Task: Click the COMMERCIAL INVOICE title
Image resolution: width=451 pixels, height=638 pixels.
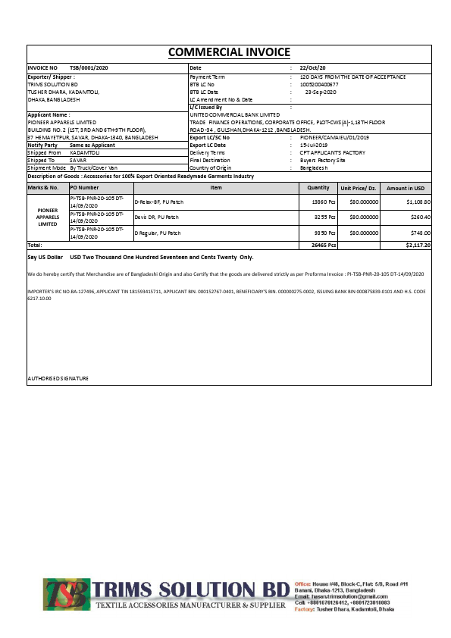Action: click(x=228, y=52)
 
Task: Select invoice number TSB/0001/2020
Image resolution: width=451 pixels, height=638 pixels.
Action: click(x=89, y=68)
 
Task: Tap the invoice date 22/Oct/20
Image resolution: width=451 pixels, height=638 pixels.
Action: click(x=312, y=68)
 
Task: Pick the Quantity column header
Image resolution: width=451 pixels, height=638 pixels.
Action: click(x=318, y=187)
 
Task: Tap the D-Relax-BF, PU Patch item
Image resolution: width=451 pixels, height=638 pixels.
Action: click(x=158, y=202)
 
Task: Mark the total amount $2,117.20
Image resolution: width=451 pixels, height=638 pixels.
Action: click(x=418, y=246)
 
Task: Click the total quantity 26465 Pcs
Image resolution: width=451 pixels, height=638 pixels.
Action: click(x=324, y=246)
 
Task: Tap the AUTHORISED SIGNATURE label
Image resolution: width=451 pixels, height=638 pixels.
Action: click(x=58, y=378)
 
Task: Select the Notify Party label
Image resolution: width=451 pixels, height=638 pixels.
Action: click(x=42, y=145)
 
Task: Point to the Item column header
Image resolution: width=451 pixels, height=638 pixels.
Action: click(x=216, y=187)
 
